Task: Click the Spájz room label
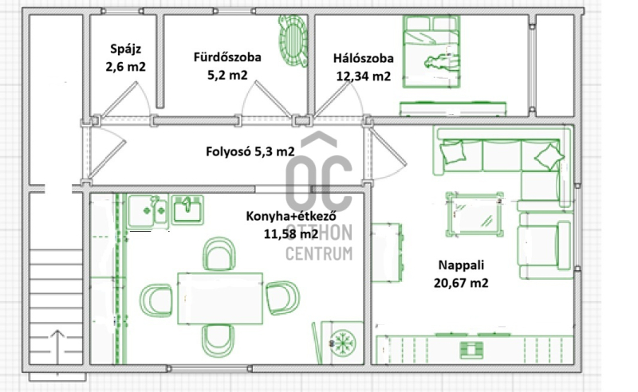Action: [x=126, y=49]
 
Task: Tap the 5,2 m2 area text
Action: [x=227, y=75]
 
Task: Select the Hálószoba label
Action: [x=364, y=58]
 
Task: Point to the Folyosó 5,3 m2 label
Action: [x=250, y=151]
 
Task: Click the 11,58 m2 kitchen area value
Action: [x=291, y=234]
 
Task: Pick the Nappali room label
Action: [x=461, y=265]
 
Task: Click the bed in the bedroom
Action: [x=431, y=52]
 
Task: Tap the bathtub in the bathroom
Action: [x=293, y=41]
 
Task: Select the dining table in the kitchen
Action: [x=220, y=299]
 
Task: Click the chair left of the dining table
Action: [x=156, y=300]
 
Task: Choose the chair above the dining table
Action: [x=219, y=253]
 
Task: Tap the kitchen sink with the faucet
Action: [x=187, y=210]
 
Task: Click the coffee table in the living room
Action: [x=475, y=214]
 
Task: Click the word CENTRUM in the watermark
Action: [x=319, y=253]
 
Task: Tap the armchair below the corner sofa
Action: [x=544, y=245]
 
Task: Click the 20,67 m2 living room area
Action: [x=461, y=283]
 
